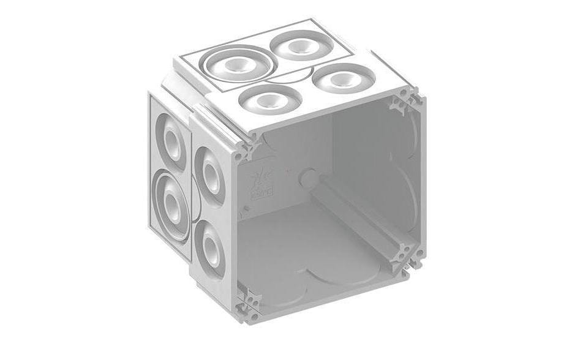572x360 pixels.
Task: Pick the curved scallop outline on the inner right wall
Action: point(404,184)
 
